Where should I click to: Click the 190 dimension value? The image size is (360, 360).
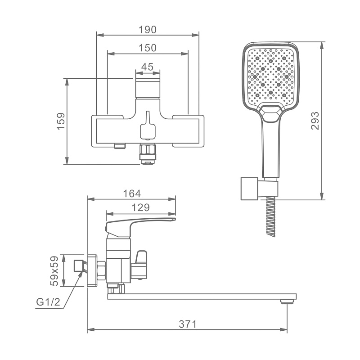148,30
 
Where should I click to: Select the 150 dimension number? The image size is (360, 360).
148,48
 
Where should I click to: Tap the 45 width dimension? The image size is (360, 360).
147,67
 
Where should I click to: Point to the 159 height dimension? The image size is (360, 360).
61,121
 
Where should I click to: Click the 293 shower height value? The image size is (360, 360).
315,121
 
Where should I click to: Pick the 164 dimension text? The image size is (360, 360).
132,193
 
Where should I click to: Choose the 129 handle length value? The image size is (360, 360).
140,207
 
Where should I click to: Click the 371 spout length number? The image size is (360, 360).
188,324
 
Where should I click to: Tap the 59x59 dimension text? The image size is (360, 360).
54,271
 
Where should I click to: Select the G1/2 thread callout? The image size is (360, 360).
48,302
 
